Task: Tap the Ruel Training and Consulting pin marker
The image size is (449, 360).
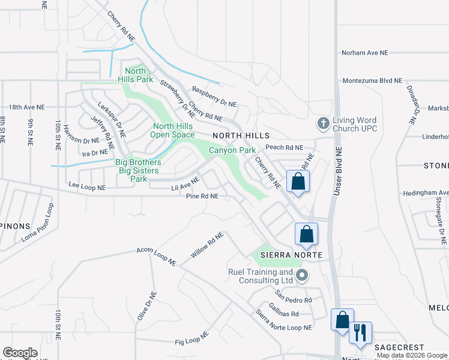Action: (301, 276)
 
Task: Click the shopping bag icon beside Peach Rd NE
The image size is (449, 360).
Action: (298, 181)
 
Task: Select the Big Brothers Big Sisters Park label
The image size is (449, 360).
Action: (138, 170)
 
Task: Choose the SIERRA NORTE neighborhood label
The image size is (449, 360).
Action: (291, 256)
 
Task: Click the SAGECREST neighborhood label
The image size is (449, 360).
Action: (399, 347)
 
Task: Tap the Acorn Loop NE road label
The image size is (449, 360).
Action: (156, 256)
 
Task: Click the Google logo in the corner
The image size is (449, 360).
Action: (20, 352)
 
